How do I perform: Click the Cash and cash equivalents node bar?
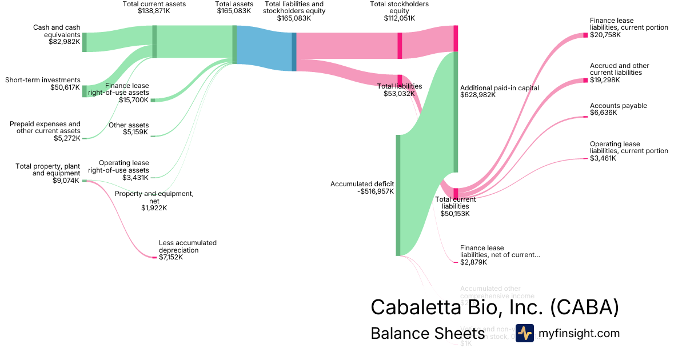tap(85, 42)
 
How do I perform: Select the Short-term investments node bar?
tap(85, 91)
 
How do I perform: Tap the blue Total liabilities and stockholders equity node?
tap(294, 51)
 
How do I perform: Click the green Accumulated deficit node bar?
tap(398, 195)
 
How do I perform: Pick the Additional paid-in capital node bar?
tap(456, 111)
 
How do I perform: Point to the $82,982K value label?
tap(65, 42)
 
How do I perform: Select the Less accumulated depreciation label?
tap(188, 246)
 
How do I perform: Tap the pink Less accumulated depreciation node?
tap(154, 257)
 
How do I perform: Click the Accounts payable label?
tap(619, 106)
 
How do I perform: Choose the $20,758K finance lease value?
tap(605, 35)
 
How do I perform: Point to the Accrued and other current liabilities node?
tap(585, 81)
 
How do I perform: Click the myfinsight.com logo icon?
tap(524, 333)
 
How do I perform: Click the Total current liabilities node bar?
tap(456, 192)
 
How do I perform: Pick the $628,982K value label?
tap(478, 95)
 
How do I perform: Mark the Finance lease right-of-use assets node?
tap(153, 100)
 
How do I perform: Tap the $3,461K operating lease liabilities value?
tap(603, 158)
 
